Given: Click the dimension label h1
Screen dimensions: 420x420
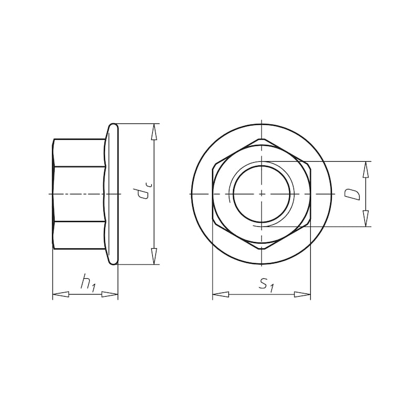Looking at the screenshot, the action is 88,283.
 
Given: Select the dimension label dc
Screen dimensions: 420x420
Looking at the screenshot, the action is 144,190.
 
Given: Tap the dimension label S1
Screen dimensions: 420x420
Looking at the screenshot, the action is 267,285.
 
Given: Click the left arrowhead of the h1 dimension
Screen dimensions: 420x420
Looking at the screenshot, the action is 60,295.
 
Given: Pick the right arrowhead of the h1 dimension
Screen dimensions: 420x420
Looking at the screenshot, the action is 110,295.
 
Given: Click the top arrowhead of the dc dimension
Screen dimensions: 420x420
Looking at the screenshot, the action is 154,132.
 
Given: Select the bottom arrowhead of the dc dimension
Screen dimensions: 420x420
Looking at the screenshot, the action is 154,256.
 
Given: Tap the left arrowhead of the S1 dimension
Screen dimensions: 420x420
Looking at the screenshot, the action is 220,295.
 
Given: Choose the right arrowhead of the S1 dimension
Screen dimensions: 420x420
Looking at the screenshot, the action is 302,295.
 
